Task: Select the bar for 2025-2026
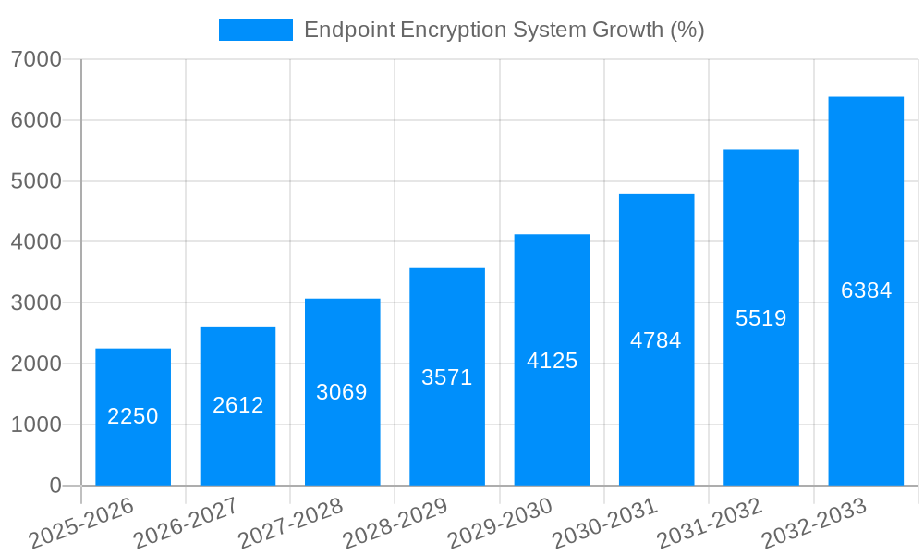click(x=133, y=416)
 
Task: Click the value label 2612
click(x=237, y=405)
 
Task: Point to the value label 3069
click(x=342, y=392)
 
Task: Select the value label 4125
click(x=552, y=361)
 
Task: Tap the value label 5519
click(x=761, y=318)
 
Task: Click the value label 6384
click(x=866, y=290)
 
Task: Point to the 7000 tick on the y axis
click(x=37, y=60)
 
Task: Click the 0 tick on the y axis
click(x=55, y=486)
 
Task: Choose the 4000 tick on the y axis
click(x=37, y=242)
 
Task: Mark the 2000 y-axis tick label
click(x=37, y=364)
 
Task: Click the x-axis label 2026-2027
click(x=186, y=523)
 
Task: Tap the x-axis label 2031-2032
click(x=710, y=523)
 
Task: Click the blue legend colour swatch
click(x=255, y=30)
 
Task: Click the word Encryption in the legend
click(x=454, y=31)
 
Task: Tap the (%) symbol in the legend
click(x=687, y=30)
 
